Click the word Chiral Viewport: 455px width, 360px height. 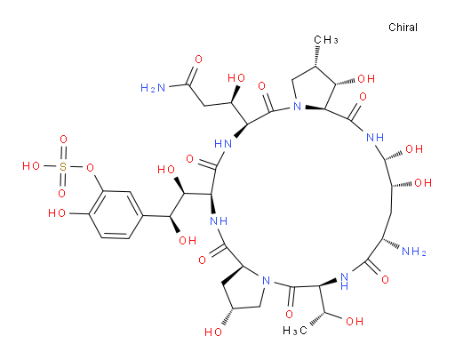pyautogui.click(x=403, y=28)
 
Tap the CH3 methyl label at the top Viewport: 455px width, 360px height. pyautogui.click(x=326, y=40)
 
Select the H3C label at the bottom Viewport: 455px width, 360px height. pyautogui.click(x=295, y=331)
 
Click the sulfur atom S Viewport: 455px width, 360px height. pyautogui.click(x=63, y=167)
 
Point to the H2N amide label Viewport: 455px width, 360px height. pyautogui.click(x=153, y=88)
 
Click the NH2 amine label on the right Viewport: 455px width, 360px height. pyautogui.click(x=414, y=252)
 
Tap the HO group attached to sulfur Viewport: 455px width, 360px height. pyautogui.click(x=31, y=166)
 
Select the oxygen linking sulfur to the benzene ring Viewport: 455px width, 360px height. pyautogui.click(x=90, y=168)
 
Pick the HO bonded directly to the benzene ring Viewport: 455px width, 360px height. pyautogui.click(x=57, y=212)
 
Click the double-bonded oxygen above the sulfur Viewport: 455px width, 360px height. pyautogui.click(x=63, y=140)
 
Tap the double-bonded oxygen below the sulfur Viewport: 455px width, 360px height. pyautogui.click(x=61, y=194)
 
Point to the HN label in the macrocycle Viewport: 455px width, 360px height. pyautogui.click(x=223, y=144)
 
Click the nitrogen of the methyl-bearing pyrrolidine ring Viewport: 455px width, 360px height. pyautogui.click(x=297, y=106)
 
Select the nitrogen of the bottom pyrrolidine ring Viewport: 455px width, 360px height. pyautogui.click(x=267, y=280)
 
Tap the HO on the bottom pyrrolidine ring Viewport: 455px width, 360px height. pyautogui.click(x=213, y=332)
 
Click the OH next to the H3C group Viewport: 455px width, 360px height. pyautogui.click(x=355, y=321)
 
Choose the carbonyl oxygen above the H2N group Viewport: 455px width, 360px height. pyautogui.click(x=198, y=60)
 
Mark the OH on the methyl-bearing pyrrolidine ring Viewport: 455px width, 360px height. pyautogui.click(x=366, y=79)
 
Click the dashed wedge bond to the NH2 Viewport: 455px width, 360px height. pyautogui.click(x=391, y=243)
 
